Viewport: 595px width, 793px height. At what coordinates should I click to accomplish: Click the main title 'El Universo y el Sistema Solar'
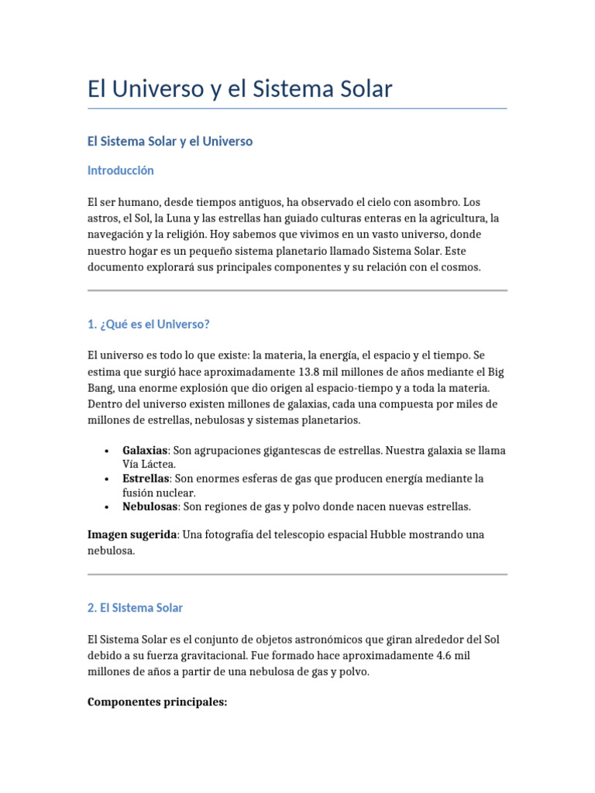coord(240,89)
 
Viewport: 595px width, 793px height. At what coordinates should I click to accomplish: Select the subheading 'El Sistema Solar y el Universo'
coord(170,142)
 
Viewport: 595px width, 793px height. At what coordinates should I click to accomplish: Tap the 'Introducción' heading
coord(121,170)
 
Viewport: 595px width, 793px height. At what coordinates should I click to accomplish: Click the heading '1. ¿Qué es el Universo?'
coord(149,324)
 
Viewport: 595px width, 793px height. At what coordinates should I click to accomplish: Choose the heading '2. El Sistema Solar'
coord(136,608)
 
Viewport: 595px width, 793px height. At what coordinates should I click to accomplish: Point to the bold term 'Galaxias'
coord(145,450)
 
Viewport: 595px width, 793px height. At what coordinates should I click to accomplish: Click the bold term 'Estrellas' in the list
coord(146,479)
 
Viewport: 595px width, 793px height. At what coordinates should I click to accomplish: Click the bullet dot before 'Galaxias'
coord(105,451)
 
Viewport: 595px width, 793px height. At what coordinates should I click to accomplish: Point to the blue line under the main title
coord(297,108)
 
